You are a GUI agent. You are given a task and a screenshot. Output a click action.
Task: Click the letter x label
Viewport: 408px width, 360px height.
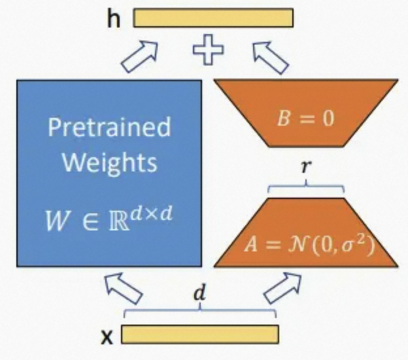coord(107,336)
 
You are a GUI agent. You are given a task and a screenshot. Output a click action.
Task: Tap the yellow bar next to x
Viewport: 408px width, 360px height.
coord(200,334)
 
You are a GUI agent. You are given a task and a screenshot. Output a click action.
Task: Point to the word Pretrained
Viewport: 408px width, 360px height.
coord(108,126)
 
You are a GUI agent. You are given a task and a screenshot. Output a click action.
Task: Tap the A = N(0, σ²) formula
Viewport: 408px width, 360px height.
coord(306,245)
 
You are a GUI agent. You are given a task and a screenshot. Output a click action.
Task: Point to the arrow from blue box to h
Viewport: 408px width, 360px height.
coord(140,54)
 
